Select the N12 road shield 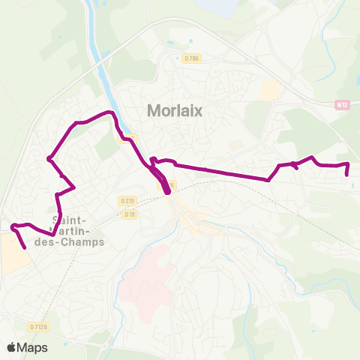pyautogui.click(x=341, y=106)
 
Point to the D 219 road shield pyautogui.click(x=127, y=200)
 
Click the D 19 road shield pyautogui.click(x=130, y=214)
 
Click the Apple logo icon pyautogui.click(x=11, y=346)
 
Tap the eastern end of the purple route pyautogui.click(x=347, y=174)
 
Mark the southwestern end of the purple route pyautogui.click(x=25, y=247)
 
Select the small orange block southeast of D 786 pyautogui.click(x=270, y=91)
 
